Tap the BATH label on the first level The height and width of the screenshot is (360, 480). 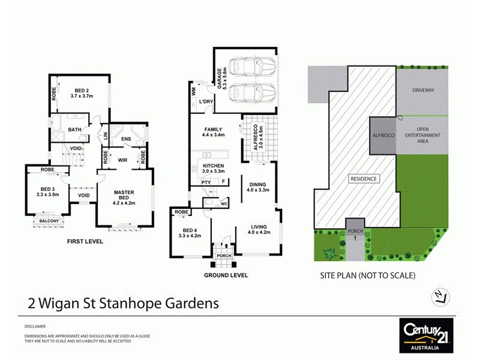75,129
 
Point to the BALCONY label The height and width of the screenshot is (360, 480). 50,221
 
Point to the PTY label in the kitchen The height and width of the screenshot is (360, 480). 206,182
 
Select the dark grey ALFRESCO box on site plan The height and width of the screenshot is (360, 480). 384,136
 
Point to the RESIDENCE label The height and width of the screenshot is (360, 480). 364,179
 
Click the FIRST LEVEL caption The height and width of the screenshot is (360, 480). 85,241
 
